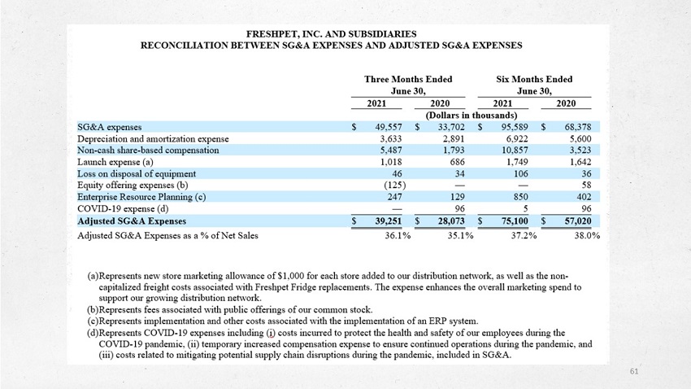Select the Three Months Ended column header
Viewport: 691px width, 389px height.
(408, 80)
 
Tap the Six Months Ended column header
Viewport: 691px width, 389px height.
(534, 80)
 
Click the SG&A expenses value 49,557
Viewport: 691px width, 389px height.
(389, 127)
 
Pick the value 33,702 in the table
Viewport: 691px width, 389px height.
(451, 127)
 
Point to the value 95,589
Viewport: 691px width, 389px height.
(515, 127)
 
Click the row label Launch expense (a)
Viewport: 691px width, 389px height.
(115, 162)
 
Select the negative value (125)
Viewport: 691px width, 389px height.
(395, 186)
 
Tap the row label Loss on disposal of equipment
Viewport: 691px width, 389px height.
(137, 174)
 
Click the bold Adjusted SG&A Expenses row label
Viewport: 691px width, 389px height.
(132, 221)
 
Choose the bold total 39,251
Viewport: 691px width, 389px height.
(389, 221)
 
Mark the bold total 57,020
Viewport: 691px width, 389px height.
(578, 221)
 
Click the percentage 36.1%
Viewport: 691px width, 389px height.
(398, 235)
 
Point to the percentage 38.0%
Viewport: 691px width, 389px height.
(587, 235)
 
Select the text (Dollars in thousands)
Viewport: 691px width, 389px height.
(471, 116)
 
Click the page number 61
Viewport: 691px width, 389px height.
(634, 371)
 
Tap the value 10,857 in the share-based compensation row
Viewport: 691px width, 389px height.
(515, 151)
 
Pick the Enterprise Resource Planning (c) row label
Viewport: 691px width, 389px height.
(141, 197)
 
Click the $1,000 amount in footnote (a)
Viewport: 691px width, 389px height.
(291, 276)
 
